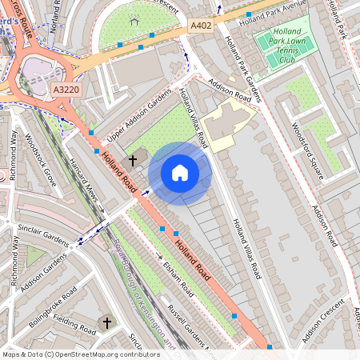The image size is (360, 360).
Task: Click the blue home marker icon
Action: tap(180, 173)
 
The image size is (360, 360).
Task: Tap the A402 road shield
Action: tap(200, 26)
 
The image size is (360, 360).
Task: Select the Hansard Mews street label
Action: tap(87, 182)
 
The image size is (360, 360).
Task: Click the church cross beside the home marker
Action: tap(133, 160)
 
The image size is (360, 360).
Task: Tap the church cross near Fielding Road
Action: tap(106, 322)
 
